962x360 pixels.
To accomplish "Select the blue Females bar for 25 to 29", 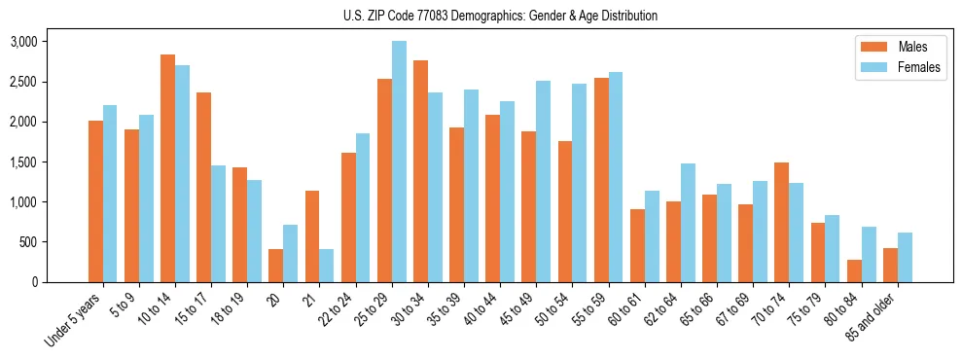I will [x=399, y=162].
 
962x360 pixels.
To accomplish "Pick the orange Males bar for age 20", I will [x=276, y=266].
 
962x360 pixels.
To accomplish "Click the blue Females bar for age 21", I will [x=327, y=266].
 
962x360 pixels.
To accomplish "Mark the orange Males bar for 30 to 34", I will [x=420, y=171].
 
